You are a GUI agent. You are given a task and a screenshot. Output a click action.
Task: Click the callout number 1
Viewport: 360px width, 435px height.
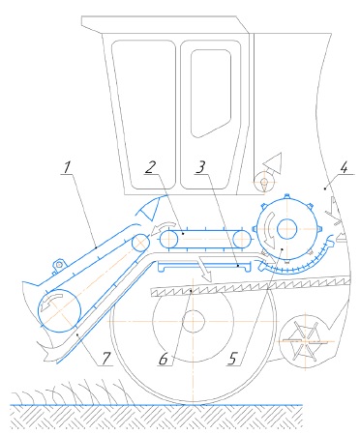(x=67, y=168)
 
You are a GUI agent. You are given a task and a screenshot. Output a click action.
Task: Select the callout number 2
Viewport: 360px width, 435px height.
(x=150, y=167)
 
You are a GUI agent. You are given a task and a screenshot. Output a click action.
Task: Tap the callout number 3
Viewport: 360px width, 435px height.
(x=200, y=167)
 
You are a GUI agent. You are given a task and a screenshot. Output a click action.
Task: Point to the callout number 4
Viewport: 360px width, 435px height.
(x=345, y=167)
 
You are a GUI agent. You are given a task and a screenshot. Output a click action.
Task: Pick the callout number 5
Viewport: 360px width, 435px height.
(x=233, y=359)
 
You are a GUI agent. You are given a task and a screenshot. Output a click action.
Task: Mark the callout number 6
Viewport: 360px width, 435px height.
(x=164, y=359)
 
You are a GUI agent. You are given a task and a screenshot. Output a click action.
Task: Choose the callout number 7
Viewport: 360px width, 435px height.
(x=106, y=359)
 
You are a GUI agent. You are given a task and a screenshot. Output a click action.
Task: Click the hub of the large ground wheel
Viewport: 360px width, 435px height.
(x=193, y=321)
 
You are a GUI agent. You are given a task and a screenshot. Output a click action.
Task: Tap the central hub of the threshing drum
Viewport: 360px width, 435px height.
(x=286, y=228)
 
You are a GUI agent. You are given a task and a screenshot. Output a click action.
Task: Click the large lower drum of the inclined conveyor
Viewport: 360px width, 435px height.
(x=59, y=310)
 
